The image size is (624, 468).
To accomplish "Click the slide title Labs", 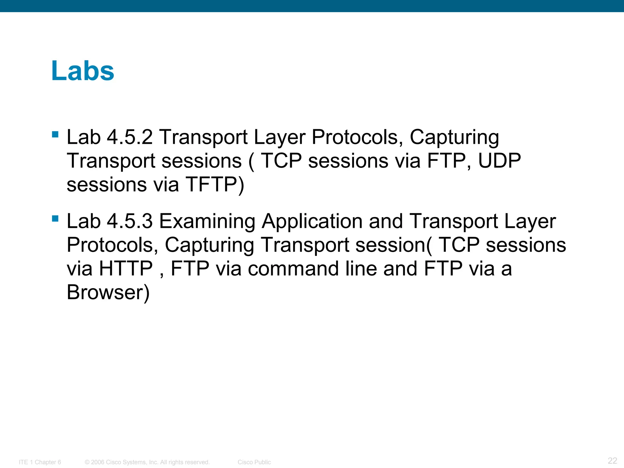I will (83, 71).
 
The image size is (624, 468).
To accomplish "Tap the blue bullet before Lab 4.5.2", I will (55, 134).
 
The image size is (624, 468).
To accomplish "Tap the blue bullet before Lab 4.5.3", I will (55, 218).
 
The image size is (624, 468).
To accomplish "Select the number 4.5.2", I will (129, 137).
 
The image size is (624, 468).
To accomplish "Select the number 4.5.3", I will (129, 221).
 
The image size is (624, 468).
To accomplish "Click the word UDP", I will (499, 161).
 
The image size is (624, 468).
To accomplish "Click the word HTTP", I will (126, 269).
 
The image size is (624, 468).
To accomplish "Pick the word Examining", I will (207, 222).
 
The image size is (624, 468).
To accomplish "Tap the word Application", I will (312, 222).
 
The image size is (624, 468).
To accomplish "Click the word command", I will (293, 269).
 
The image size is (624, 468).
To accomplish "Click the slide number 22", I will (612, 460).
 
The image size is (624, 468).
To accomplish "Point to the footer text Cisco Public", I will (254, 462).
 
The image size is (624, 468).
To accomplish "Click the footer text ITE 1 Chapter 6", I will (40, 462).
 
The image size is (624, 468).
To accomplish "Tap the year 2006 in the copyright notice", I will (98, 462).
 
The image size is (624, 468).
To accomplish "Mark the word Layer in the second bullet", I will (530, 222).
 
